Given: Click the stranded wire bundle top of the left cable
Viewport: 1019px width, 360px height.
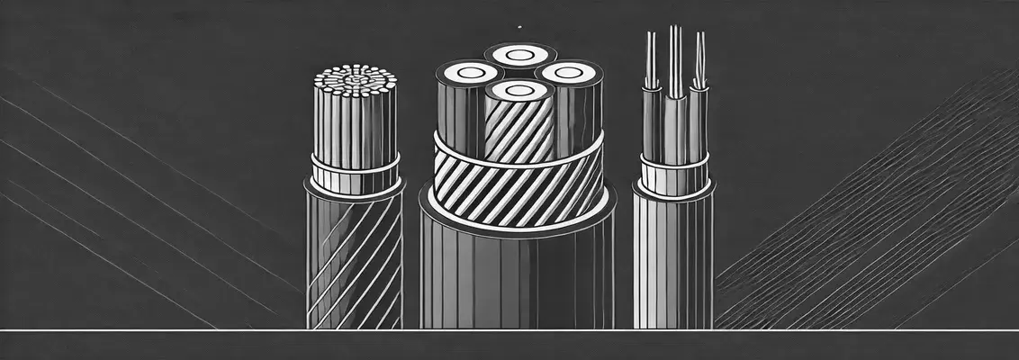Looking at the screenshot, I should coord(355,78).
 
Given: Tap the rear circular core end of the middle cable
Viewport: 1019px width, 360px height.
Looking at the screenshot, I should coord(519,55).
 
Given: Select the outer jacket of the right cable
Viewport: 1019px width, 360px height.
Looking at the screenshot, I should coord(672,261).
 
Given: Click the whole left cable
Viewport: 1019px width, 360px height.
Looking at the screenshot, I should coord(355,198).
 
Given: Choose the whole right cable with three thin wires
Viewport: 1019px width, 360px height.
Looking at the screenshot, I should coord(672,189).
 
